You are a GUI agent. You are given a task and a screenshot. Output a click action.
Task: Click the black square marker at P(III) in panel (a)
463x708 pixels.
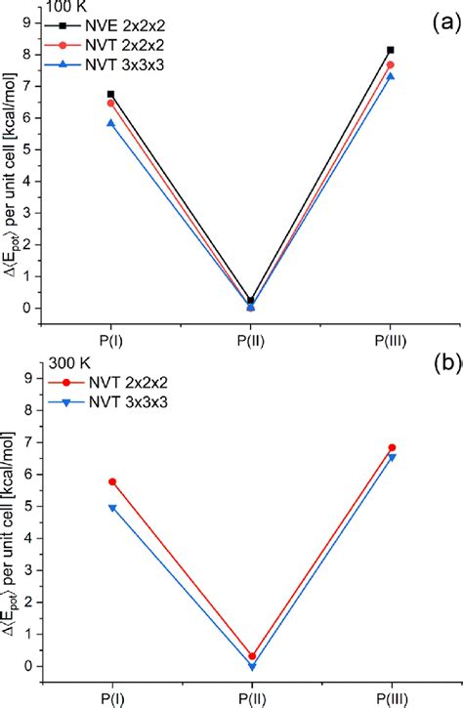click(391, 50)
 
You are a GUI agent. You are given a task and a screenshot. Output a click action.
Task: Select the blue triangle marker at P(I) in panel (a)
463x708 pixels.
click(110, 123)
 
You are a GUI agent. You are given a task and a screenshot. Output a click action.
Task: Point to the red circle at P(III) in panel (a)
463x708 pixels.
click(391, 65)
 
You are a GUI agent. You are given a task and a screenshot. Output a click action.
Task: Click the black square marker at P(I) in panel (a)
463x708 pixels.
click(110, 94)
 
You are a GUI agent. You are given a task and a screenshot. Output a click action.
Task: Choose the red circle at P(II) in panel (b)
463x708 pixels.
click(252, 656)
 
